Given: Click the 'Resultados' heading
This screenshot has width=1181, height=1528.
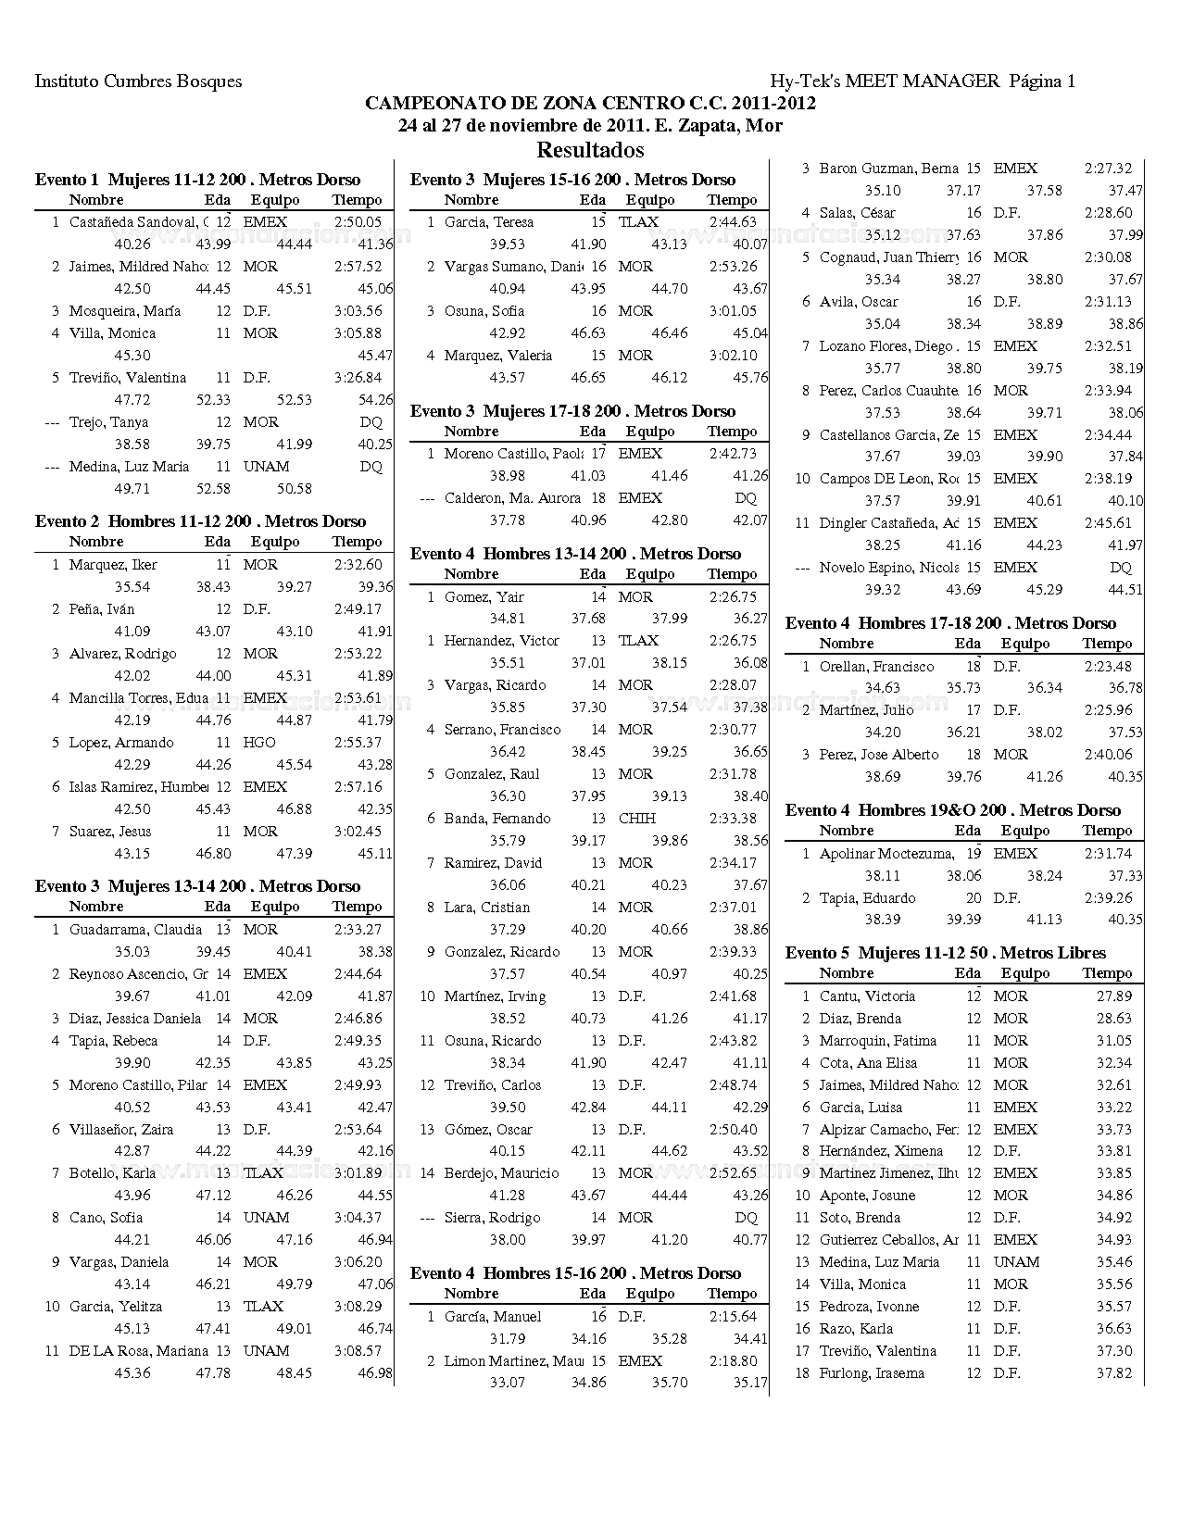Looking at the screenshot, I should pos(590,150).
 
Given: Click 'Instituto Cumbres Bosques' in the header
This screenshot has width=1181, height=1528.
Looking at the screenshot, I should pos(138,81).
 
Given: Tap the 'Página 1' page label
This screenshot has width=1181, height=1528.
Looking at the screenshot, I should pos(1042,81).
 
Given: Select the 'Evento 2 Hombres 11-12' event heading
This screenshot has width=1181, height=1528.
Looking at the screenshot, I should pos(200,521).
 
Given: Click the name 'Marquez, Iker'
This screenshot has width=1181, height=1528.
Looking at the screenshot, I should pos(113,565).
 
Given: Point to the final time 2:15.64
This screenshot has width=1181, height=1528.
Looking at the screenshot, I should pos(733,1317).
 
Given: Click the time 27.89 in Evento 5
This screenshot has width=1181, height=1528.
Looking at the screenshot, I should pos(1113,996).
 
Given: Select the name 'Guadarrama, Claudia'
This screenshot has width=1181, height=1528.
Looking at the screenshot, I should pos(135,930).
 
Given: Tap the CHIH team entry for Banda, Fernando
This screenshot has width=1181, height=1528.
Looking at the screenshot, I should pos(636,819).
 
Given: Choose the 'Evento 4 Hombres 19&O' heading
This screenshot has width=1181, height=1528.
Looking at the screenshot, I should pos(953,810).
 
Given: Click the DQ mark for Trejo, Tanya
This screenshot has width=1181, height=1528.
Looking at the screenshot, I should pos(371,422).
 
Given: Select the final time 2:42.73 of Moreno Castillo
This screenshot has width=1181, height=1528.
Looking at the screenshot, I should pos(733,454).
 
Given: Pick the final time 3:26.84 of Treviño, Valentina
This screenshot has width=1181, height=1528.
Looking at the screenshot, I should pos(358,378).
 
